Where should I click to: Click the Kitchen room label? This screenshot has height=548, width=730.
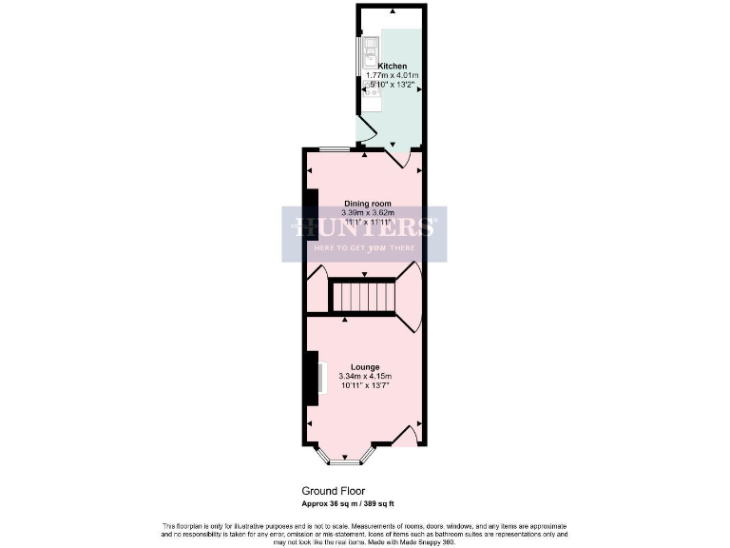tap(392, 67)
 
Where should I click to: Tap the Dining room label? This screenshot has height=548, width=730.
tap(367, 203)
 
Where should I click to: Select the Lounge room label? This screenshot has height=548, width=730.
tap(365, 367)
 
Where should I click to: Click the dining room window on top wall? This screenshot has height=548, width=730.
tap(333, 149)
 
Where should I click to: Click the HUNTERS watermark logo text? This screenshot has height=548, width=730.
tap(364, 227)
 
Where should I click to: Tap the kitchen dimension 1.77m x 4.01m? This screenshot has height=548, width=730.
tap(393, 76)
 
